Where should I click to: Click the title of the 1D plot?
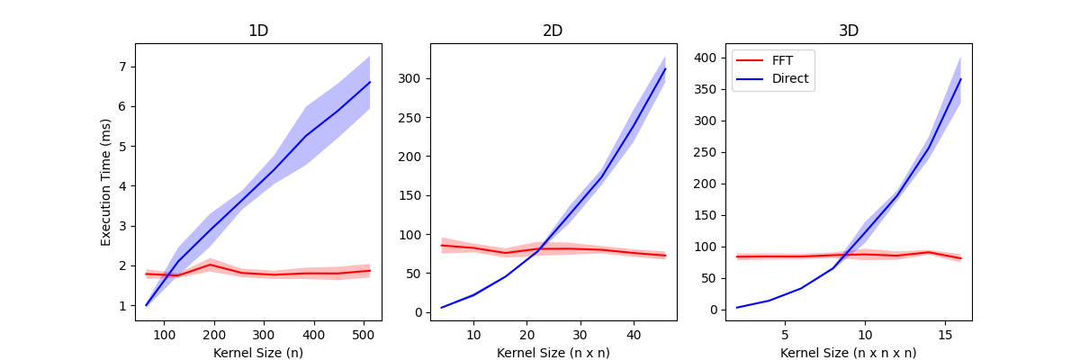258,31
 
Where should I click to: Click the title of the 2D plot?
553,31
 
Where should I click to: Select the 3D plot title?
848,31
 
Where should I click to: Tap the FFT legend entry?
774,61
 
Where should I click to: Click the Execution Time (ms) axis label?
106,182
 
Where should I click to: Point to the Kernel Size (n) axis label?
258,353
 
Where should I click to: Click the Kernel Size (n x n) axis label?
553,353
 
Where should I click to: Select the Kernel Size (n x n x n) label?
848,353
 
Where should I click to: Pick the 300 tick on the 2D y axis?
414,79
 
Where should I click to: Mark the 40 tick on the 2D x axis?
634,335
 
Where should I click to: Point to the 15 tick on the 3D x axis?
945,335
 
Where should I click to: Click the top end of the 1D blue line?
370,82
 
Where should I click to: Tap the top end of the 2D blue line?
665,68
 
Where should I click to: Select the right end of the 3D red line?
960,258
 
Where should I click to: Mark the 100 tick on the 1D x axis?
165,335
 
